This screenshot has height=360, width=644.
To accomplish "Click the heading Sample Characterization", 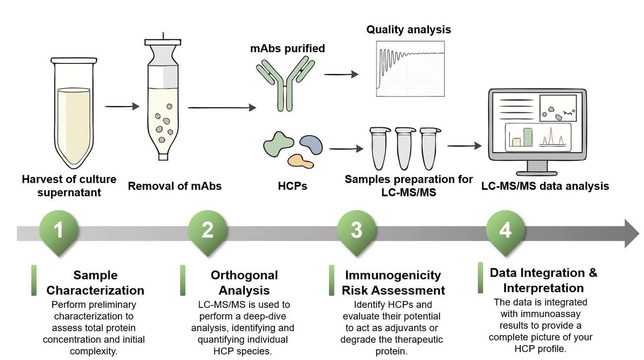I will [95, 283].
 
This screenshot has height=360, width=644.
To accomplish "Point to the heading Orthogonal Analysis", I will [244, 283].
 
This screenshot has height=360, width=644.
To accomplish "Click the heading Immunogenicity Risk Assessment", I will [393, 283].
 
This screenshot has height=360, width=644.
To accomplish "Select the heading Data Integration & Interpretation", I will [543, 280].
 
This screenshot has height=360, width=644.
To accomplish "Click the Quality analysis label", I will [408, 30].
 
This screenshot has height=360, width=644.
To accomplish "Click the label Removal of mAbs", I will [174, 187].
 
